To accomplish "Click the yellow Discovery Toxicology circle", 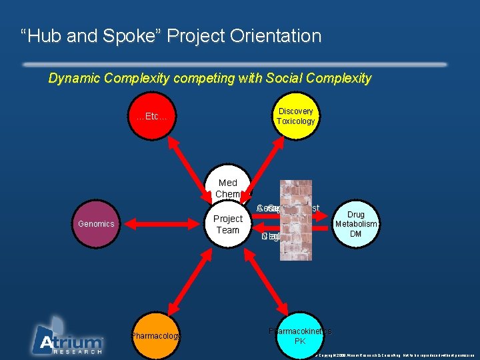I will tap(295, 116).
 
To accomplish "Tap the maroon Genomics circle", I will tap(96, 224).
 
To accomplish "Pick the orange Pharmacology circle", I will tap(155, 336).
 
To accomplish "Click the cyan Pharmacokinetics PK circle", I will tap(300, 335).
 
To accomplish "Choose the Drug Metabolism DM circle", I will tap(356, 224).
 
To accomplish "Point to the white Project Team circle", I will tap(227, 225).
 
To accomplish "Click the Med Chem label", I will tap(227, 188).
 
